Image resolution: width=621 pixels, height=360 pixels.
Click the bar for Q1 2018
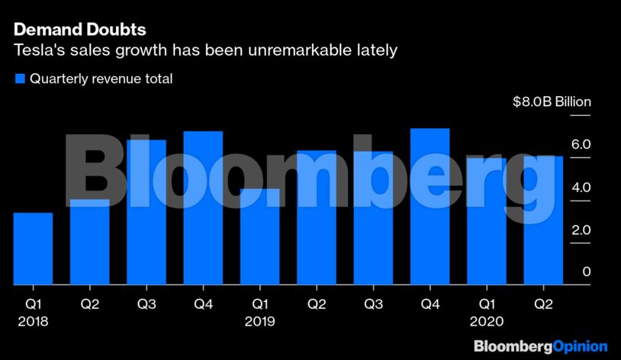coord(33,249)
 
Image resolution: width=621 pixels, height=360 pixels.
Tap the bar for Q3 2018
coord(146,213)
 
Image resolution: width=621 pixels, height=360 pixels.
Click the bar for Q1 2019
coord(259,237)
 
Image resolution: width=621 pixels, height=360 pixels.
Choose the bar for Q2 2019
coord(317,218)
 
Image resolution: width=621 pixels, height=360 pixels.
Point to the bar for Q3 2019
coord(373,218)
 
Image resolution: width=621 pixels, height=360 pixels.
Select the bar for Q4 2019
coord(430,207)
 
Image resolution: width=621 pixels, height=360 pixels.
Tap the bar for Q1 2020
coord(487,222)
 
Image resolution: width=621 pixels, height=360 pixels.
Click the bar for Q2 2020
coord(543,220)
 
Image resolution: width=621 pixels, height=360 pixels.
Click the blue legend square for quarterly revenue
coord(20,79)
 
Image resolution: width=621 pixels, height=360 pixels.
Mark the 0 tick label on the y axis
coord(586,272)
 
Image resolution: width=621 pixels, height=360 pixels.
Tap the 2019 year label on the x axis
coord(259,322)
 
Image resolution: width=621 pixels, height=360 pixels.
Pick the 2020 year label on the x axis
coord(487,322)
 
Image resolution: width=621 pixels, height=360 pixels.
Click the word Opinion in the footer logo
coord(580,346)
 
